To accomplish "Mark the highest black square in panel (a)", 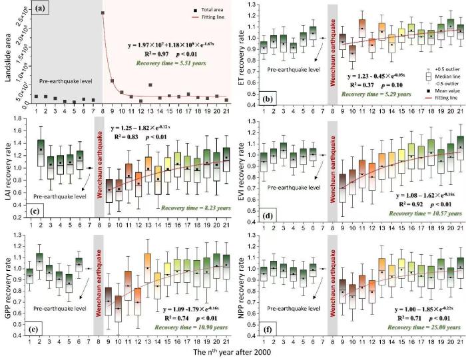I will point(103,13).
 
